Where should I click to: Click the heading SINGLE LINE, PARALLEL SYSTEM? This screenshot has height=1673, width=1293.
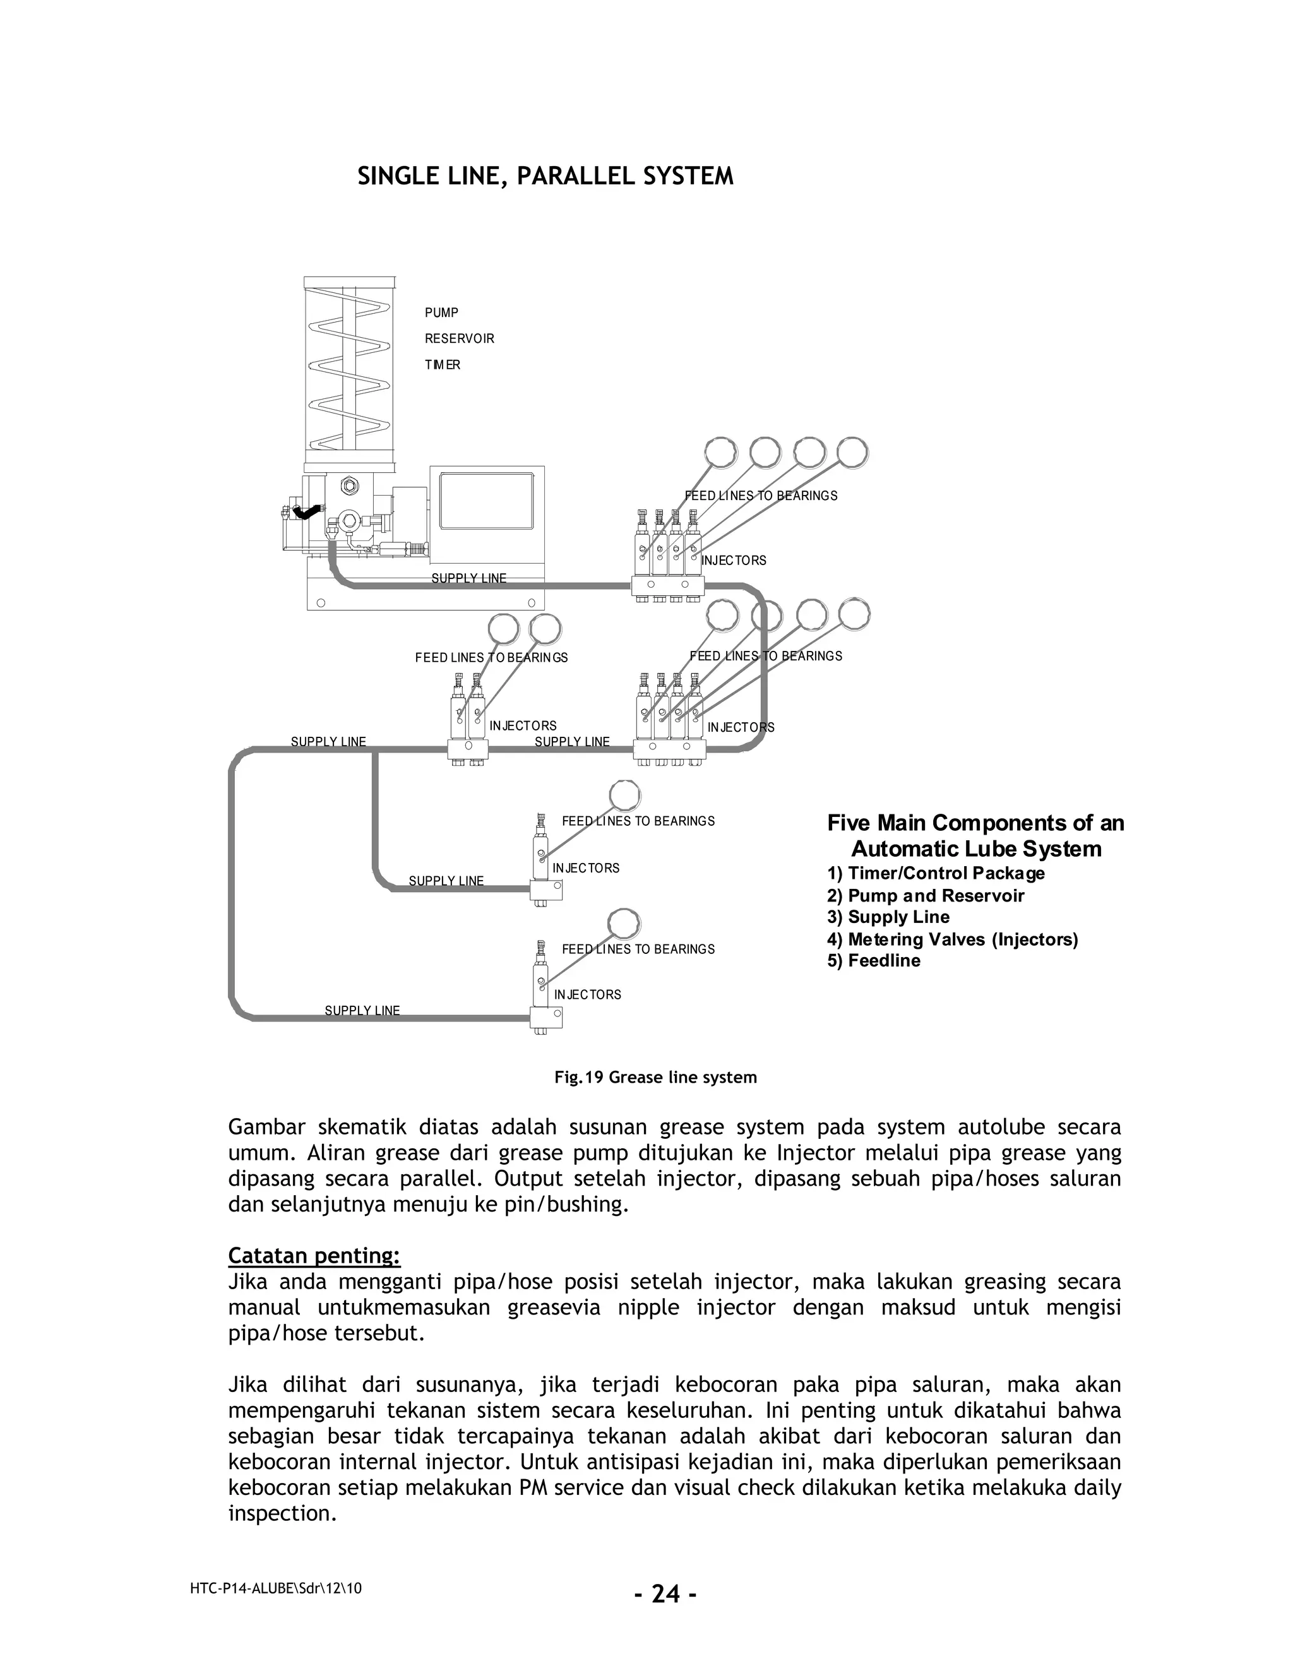545,177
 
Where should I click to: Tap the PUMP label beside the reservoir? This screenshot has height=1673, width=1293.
441,313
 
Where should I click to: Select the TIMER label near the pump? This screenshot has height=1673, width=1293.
443,365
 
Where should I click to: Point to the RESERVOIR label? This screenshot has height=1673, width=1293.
460,338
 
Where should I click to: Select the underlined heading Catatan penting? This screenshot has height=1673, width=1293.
314,1256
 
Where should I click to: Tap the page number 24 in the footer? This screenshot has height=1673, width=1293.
665,1594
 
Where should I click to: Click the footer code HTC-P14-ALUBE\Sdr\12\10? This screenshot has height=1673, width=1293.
276,1588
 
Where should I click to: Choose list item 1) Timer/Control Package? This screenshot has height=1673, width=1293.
935,873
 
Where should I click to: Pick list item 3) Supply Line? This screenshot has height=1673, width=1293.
888,917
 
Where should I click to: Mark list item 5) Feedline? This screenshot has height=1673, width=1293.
873,961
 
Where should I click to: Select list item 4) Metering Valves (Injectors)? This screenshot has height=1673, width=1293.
952,939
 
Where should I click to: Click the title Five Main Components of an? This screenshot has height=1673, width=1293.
975,823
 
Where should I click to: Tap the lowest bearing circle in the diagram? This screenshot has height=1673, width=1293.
624,923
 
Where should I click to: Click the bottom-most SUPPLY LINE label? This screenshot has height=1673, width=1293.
362,1010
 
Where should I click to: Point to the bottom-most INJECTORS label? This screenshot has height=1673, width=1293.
588,994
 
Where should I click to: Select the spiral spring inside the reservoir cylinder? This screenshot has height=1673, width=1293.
349,376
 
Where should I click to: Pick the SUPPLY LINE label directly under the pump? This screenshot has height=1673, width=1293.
469,578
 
